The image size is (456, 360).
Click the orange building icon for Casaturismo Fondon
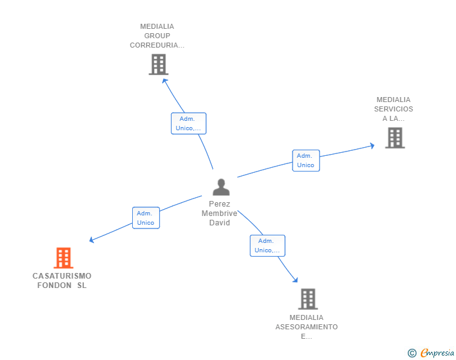click(x=63, y=258)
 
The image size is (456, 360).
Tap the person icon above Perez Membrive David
click(x=221, y=187)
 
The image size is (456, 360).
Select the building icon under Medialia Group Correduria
click(x=158, y=64)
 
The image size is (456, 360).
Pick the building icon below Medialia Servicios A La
click(x=395, y=138)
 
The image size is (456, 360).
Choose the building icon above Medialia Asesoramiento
click(x=308, y=299)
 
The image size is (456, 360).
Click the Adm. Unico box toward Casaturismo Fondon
click(x=146, y=218)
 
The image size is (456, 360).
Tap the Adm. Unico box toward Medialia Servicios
click(x=306, y=160)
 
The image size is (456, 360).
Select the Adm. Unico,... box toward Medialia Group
click(x=189, y=123)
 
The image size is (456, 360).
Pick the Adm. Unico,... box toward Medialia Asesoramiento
click(x=267, y=245)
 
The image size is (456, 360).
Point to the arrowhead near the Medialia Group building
click(x=165, y=81)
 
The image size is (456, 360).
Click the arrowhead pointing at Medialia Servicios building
click(x=372, y=145)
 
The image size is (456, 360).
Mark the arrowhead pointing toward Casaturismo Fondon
click(x=91, y=240)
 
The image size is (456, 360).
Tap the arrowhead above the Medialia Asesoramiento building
click(x=296, y=280)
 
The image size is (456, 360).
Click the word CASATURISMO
click(x=62, y=275)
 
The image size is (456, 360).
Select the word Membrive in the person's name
click(x=219, y=213)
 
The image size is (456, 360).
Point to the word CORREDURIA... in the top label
click(x=157, y=45)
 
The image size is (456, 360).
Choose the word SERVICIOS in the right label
click(x=393, y=109)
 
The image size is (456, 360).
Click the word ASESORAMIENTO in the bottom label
click(x=306, y=327)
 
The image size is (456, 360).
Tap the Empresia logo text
click(x=437, y=352)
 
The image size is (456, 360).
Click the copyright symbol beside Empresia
click(x=412, y=353)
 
